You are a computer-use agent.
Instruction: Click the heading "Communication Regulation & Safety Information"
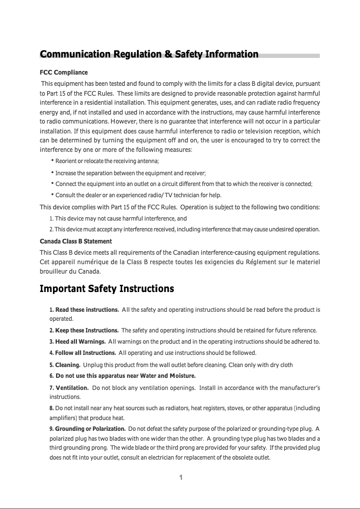[149, 54]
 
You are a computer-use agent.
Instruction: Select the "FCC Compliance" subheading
[64, 72]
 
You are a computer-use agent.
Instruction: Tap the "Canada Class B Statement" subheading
[76, 241]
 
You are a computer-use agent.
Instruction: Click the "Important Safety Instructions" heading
[107, 288]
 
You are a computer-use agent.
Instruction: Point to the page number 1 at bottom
[180, 478]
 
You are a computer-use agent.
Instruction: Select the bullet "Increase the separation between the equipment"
[130, 173]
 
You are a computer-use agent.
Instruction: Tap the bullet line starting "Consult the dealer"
[138, 195]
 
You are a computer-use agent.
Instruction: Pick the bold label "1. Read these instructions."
[84, 310]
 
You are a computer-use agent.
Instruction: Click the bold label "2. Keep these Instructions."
[84, 331]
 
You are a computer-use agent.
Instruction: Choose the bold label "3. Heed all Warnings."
[78, 341]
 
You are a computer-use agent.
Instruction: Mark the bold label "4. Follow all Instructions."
[83, 353]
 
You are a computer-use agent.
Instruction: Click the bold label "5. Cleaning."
[65, 365]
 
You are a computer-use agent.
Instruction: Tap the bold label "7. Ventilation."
[69, 387]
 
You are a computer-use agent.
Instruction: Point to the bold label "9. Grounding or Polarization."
[87, 429]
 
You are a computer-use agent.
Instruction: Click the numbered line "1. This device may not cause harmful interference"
[118, 219]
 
